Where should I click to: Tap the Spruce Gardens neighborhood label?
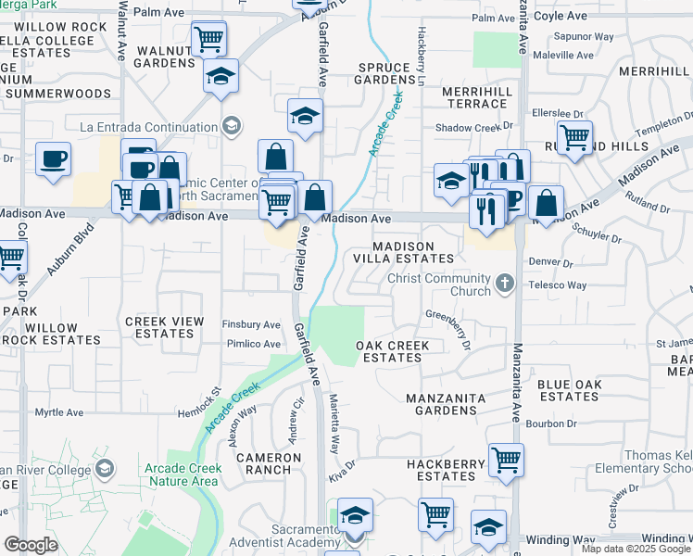click(x=384, y=72)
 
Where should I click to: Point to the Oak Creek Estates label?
click(x=393, y=351)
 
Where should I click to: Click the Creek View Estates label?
click(x=165, y=327)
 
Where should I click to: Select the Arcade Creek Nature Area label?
click(x=182, y=474)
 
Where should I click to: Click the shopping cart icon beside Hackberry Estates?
click(x=507, y=459)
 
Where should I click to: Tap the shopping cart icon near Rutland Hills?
click(x=575, y=137)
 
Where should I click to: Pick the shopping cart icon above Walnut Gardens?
click(x=209, y=39)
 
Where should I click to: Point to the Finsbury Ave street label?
click(x=251, y=325)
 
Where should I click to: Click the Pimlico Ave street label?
click(x=251, y=343)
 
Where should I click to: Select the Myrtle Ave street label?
click(x=59, y=412)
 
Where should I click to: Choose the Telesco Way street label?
click(x=559, y=285)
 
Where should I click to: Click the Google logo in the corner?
click(x=31, y=545)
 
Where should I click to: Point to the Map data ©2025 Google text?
click(x=635, y=549)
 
